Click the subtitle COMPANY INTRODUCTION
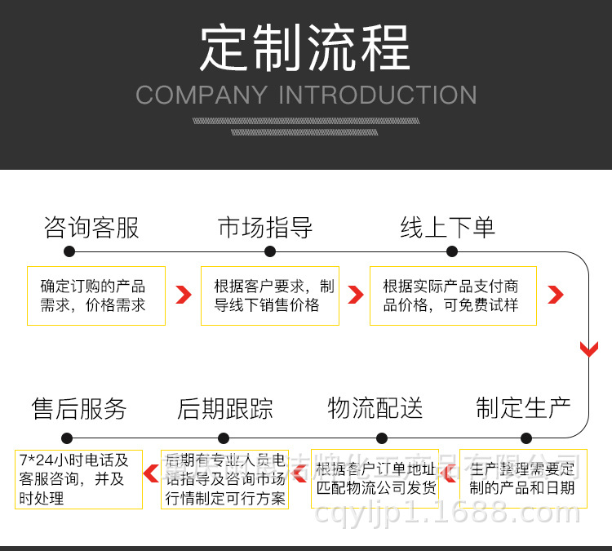tap(306, 95)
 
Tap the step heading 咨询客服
tap(91, 228)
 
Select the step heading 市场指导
tap(265, 228)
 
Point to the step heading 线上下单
tap(447, 228)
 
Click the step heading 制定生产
tap(524, 408)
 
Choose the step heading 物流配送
tap(375, 408)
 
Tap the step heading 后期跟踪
tap(225, 408)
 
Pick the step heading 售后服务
tap(79, 408)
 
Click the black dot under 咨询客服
tap(69, 252)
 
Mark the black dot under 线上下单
tap(448, 252)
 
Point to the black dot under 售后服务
tap(67, 438)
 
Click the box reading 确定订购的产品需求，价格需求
tap(96, 295)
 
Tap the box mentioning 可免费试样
tap(453, 295)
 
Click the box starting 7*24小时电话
tap(78, 478)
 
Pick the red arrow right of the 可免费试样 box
tap(556, 295)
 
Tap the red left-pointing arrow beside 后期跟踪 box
tap(151, 472)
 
